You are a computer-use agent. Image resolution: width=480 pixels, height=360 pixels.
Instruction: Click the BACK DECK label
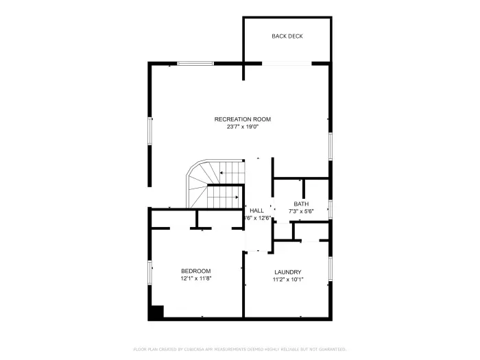tap(287, 36)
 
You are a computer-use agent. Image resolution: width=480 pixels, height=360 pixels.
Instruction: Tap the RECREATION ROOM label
tap(238, 119)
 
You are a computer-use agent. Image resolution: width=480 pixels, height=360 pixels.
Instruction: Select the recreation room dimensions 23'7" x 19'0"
tap(238, 127)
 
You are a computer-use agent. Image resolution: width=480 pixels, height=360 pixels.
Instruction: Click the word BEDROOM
tap(195, 272)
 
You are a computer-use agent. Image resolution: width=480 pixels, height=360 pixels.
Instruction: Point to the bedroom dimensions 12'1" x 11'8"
tap(195, 279)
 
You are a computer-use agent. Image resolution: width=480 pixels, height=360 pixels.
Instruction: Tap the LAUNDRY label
tap(287, 272)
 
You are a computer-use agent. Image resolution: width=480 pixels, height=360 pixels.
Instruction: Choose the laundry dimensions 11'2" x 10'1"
tap(287, 280)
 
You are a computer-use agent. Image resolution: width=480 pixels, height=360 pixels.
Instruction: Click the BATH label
tap(301, 204)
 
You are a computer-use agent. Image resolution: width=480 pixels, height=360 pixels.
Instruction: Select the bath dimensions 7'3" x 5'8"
tap(301, 211)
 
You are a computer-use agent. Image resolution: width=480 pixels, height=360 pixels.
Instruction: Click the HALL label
tap(257, 211)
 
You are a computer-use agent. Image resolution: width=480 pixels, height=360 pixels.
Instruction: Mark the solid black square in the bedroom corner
tap(157, 312)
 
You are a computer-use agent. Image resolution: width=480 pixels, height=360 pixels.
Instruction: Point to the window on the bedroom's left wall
tap(150, 272)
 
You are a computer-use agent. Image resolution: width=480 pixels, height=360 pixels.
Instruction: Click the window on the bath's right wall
tap(331, 209)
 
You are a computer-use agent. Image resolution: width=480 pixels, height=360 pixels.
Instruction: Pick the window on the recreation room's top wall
tap(196, 64)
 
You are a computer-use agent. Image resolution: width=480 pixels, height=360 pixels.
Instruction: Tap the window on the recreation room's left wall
tap(150, 130)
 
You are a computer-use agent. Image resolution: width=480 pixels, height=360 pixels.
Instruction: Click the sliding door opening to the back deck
tap(287, 64)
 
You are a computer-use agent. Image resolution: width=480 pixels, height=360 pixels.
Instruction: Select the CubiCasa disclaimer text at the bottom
tap(239, 348)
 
